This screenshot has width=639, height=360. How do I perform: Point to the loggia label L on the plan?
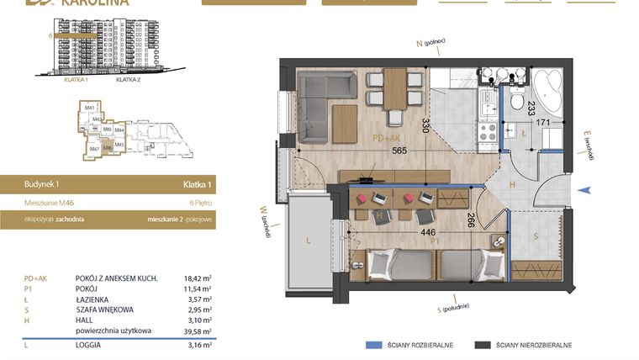[309, 241]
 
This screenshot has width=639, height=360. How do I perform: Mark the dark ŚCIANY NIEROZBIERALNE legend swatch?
[482, 345]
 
